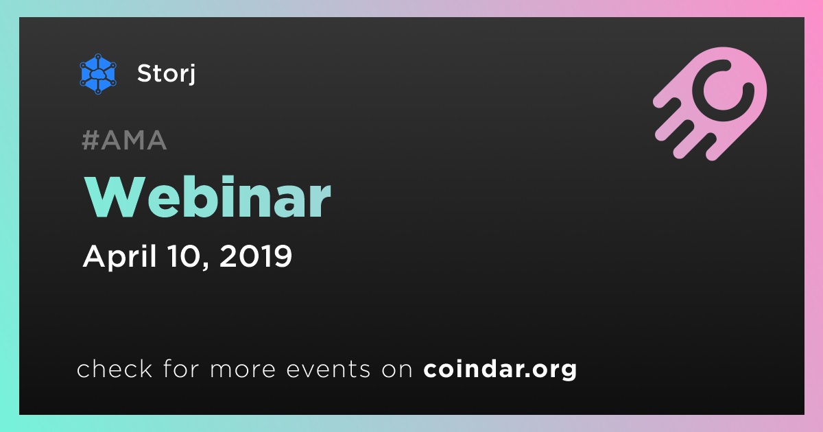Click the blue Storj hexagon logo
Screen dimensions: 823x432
(97, 74)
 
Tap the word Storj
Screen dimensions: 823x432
(166, 73)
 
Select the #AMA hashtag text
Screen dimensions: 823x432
(124, 141)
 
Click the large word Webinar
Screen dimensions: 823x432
(208, 197)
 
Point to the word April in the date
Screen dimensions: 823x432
(120, 256)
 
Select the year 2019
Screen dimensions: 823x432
(256, 256)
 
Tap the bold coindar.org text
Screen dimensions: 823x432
(500, 370)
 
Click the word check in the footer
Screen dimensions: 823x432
(115, 368)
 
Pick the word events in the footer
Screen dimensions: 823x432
(329, 369)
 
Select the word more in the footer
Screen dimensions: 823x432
(243, 370)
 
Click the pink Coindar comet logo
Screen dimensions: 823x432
(711, 104)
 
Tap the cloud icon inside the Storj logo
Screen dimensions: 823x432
(97, 75)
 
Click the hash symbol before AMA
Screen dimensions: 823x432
(91, 141)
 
